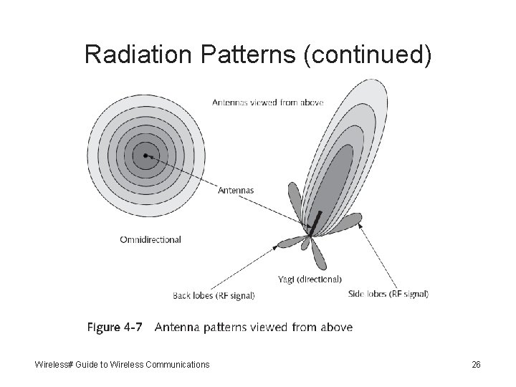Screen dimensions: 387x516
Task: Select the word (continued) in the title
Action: pyautogui.click(x=367, y=54)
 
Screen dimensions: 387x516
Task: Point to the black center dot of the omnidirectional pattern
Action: pyautogui.click(x=145, y=155)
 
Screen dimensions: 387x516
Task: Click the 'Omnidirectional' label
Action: pyautogui.click(x=150, y=239)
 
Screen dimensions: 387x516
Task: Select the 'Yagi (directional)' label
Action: pyautogui.click(x=309, y=279)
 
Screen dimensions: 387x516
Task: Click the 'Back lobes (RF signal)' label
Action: pyautogui.click(x=214, y=295)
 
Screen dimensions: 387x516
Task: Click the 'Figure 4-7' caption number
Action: pyautogui.click(x=114, y=328)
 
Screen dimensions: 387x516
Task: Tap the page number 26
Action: pyautogui.click(x=476, y=365)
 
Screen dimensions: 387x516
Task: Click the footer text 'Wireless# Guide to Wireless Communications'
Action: pyautogui.click(x=123, y=365)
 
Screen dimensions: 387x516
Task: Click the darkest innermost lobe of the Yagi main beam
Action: pyautogui.click(x=337, y=179)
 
